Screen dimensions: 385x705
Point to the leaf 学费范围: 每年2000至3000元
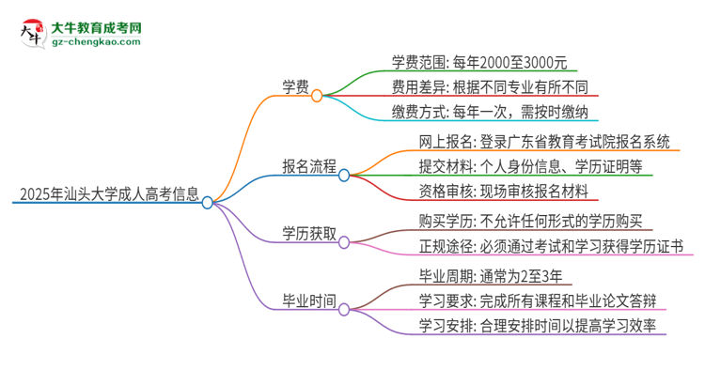[478, 63]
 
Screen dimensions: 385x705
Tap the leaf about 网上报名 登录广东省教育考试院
[545, 142]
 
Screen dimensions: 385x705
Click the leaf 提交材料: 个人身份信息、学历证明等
[531, 167]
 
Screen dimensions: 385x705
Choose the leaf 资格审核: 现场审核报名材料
[504, 192]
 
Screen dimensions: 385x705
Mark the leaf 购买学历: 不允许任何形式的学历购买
[530, 222]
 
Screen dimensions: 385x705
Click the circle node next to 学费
[318, 95]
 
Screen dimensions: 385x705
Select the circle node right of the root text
[208, 202]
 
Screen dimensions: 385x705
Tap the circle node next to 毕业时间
[344, 309]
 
